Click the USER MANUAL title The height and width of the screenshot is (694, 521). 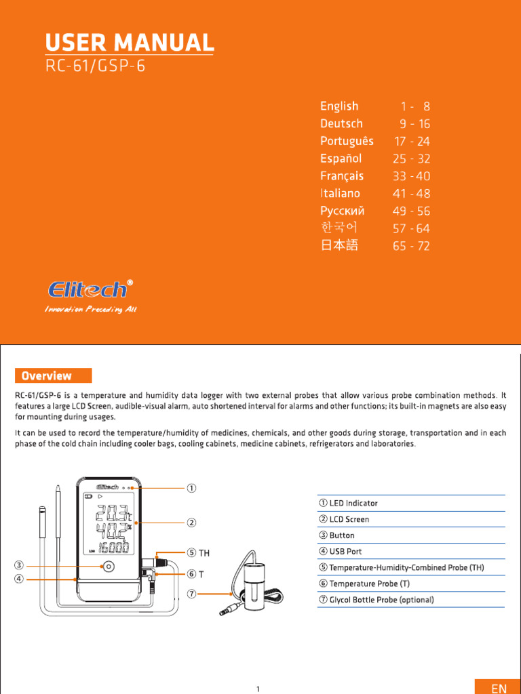[130, 43]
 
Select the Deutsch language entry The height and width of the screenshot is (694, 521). [341, 123]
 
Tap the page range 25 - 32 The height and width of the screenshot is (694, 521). [411, 159]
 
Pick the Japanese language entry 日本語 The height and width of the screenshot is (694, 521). [339, 245]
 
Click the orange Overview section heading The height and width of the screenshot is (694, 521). [53, 375]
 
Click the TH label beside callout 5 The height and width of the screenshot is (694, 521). [204, 553]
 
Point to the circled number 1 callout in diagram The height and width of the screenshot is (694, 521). [192, 487]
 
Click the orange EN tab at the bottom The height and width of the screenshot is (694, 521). [499, 687]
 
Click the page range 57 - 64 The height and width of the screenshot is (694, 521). [411, 228]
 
